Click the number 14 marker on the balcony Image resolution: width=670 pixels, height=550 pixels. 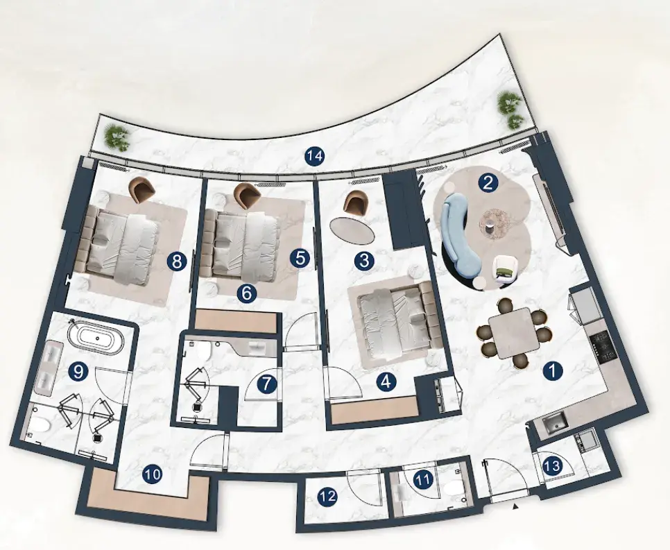click(x=314, y=157)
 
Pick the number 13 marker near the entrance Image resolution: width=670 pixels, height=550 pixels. click(x=553, y=465)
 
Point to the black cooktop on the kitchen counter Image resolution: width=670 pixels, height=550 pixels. click(x=602, y=347)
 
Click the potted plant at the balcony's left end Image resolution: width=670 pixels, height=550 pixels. click(x=117, y=137)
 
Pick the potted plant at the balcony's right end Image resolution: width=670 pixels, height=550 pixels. click(x=510, y=111)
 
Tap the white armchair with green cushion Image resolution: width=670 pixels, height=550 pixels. click(x=505, y=269)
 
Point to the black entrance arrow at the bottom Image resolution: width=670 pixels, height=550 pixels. click(x=516, y=506)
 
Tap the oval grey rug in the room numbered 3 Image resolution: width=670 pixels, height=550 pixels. click(x=352, y=229)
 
